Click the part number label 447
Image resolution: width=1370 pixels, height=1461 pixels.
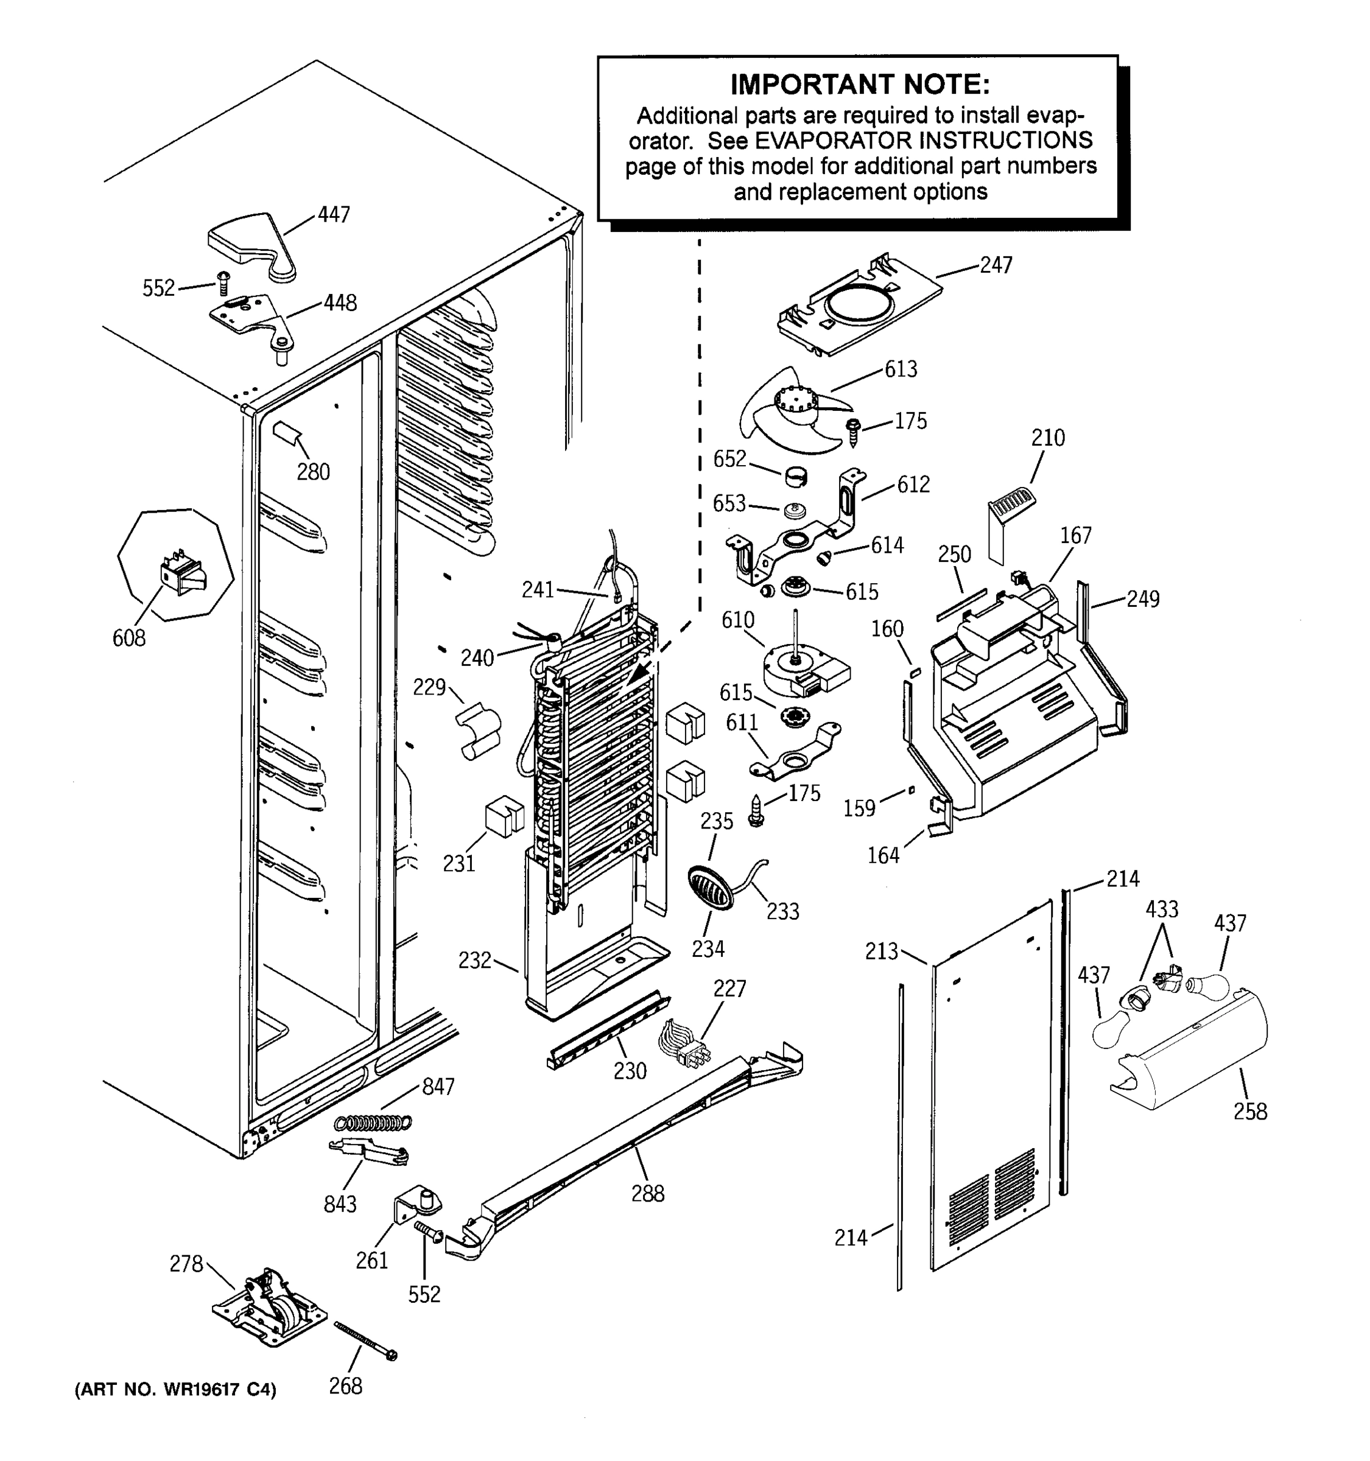334,215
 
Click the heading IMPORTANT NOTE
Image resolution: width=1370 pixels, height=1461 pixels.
859,85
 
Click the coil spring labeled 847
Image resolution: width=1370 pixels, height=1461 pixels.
373,1122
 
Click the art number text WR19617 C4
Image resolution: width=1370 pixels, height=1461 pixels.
177,1390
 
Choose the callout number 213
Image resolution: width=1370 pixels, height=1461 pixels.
881,951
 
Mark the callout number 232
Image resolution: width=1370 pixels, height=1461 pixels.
474,960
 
